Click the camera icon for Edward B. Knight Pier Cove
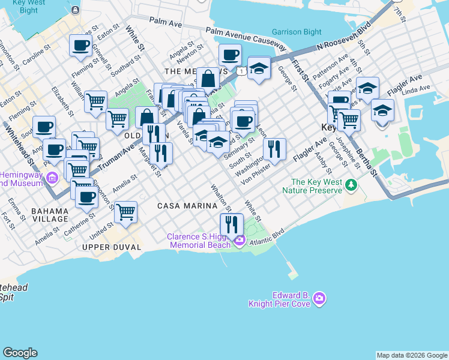(x=319, y=298)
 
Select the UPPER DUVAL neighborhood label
(x=111, y=247)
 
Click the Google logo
(x=20, y=353)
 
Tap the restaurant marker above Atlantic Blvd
(x=231, y=225)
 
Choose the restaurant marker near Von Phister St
(x=274, y=149)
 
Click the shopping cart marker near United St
(x=125, y=212)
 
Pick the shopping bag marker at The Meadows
(x=208, y=79)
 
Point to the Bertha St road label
(x=367, y=163)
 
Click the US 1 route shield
(x=240, y=71)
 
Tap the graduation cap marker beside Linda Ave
(x=382, y=110)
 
